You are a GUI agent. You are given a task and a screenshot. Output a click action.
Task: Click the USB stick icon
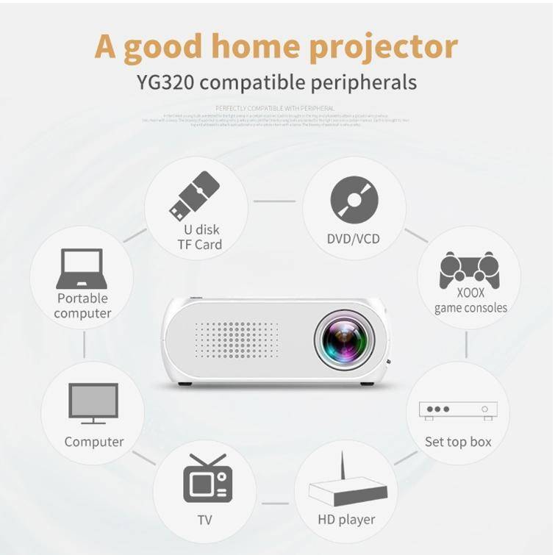194,196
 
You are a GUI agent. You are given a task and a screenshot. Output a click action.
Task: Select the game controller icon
469,270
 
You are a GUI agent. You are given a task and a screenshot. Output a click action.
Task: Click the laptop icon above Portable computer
82,269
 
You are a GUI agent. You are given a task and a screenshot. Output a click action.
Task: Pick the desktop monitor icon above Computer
93,403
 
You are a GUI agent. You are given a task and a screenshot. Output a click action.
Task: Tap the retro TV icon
207,479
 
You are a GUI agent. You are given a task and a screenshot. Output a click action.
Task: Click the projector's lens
344,340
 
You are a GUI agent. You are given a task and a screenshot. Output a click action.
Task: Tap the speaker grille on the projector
236,340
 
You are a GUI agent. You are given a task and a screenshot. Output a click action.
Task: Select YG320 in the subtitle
165,81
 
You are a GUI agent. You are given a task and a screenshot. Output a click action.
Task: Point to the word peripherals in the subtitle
362,82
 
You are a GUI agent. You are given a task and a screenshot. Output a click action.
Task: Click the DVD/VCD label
354,239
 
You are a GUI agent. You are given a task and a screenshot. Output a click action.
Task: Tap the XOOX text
470,292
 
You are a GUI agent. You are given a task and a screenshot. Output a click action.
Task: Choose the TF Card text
199,245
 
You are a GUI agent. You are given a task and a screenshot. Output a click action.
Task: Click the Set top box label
458,442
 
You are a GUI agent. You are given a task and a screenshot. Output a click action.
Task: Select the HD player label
346,520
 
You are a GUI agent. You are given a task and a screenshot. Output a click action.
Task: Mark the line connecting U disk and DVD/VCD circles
274,201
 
